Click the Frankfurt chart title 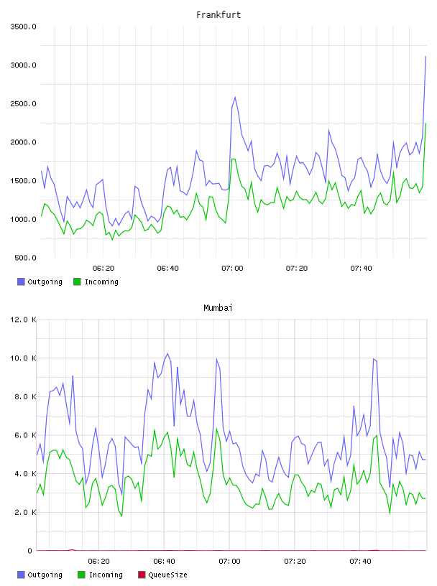pos(218,15)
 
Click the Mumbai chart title pos(218,308)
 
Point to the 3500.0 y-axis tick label pos(23,27)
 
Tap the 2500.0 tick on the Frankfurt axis pos(23,103)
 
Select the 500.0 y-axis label pos(25,258)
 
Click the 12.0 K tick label pos(23,320)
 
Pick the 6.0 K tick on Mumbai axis pos(25,435)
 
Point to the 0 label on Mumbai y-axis pos(30,551)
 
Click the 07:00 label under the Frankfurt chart pos(232,269)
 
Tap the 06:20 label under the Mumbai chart pos(98,562)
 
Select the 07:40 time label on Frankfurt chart pos(361,269)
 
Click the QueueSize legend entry pos(162,575)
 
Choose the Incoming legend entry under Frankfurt pos(96,282)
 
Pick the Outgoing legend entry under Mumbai pos(40,575)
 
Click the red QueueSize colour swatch pos(142,575)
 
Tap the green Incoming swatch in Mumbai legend pos(81,575)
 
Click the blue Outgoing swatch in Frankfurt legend pos(21,282)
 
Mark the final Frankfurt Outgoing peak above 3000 pos(425,57)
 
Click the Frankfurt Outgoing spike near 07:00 pos(235,97)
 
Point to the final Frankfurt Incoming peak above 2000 pos(425,124)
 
